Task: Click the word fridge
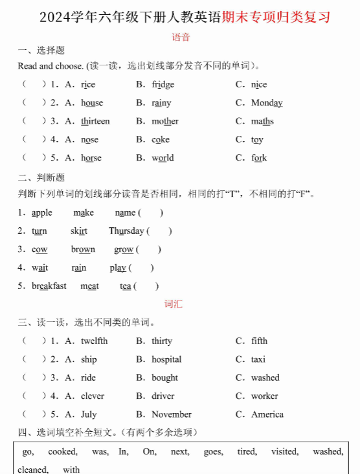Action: (x=163, y=85)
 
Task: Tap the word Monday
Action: (x=267, y=103)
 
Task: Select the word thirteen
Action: (x=95, y=121)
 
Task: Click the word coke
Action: (x=161, y=139)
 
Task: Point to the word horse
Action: (x=91, y=158)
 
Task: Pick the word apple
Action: (x=42, y=213)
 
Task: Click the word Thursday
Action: (x=126, y=231)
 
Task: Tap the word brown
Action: (x=83, y=249)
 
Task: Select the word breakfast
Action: (x=49, y=286)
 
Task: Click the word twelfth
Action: (x=95, y=341)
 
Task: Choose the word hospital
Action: (x=166, y=359)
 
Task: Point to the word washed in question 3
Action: (x=265, y=378)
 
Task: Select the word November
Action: (x=172, y=414)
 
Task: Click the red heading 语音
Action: (x=181, y=38)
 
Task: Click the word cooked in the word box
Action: (x=62, y=451)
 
